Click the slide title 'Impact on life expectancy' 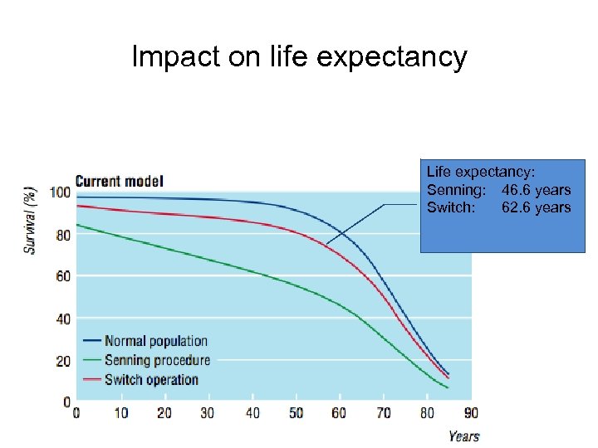click(x=299, y=57)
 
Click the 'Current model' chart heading click(x=119, y=181)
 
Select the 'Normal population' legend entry click(x=155, y=341)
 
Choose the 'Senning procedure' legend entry click(x=157, y=360)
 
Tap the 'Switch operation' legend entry click(x=151, y=380)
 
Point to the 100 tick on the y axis click(x=60, y=192)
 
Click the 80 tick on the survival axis click(x=63, y=235)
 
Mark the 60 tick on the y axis click(x=63, y=276)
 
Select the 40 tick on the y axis click(x=63, y=319)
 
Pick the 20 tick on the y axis click(x=63, y=361)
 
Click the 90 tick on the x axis click(x=471, y=413)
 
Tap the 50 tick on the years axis click(x=296, y=413)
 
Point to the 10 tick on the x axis click(x=121, y=413)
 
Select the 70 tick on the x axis click(x=384, y=413)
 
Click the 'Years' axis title click(x=463, y=436)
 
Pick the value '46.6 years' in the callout click(x=536, y=190)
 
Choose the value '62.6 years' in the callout click(x=536, y=207)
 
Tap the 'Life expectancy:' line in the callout click(x=481, y=172)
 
